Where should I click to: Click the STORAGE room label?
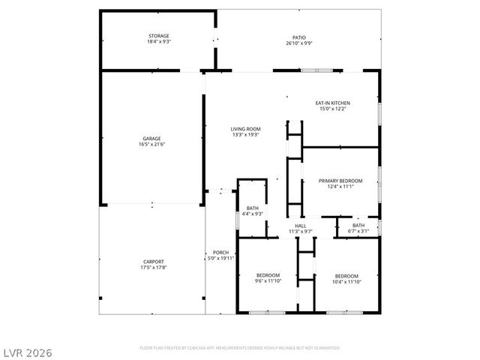(158, 36)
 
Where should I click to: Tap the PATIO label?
(298, 37)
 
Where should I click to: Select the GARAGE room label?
(151, 139)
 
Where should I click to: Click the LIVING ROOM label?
(245, 129)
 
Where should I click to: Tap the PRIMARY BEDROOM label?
(340, 181)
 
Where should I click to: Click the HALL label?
(300, 226)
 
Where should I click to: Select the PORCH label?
(220, 252)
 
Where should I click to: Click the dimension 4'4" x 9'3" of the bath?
(254, 214)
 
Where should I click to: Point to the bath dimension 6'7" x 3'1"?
(358, 231)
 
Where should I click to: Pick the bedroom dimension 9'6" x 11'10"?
(268, 281)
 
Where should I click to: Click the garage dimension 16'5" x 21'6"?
(151, 145)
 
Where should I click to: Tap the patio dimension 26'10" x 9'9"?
(298, 43)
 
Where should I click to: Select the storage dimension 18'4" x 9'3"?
(158, 42)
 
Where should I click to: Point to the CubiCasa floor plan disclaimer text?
(239, 348)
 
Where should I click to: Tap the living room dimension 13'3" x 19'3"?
(245, 135)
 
